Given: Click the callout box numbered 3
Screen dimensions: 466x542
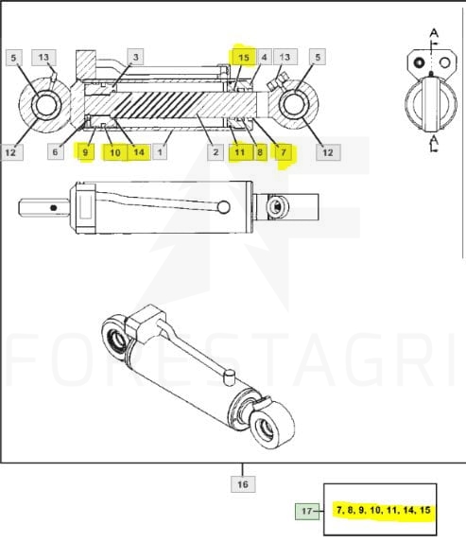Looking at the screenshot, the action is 135,57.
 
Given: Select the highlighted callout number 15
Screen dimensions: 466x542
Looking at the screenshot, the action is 244,58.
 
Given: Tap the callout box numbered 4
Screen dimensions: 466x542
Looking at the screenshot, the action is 265,58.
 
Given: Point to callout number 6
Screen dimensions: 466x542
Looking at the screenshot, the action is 55,151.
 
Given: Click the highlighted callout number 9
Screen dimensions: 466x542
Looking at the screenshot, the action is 85,152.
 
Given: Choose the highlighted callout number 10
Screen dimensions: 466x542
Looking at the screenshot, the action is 115,152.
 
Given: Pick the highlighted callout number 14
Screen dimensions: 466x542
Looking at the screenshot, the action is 139,152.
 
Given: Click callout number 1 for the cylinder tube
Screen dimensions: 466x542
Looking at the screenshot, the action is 160,152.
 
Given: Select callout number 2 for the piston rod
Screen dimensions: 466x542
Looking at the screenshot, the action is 216,152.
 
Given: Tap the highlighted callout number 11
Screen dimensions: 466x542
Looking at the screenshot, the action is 240,152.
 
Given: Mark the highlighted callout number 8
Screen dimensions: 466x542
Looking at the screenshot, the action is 260,152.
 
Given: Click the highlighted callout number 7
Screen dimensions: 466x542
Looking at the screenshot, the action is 284,152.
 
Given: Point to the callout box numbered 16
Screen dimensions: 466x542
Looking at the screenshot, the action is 243,484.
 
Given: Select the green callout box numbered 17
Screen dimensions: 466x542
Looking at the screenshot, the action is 307,511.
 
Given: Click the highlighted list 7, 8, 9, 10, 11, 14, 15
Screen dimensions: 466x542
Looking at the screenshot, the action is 384,510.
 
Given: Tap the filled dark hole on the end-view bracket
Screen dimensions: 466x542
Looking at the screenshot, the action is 419,63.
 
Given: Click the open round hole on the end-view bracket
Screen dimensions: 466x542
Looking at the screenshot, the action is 445,63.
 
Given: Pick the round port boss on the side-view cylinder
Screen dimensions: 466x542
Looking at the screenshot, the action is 224,207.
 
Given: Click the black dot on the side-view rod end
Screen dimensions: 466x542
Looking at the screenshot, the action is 53,208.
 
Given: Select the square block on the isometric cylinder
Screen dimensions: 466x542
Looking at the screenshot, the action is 145,323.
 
